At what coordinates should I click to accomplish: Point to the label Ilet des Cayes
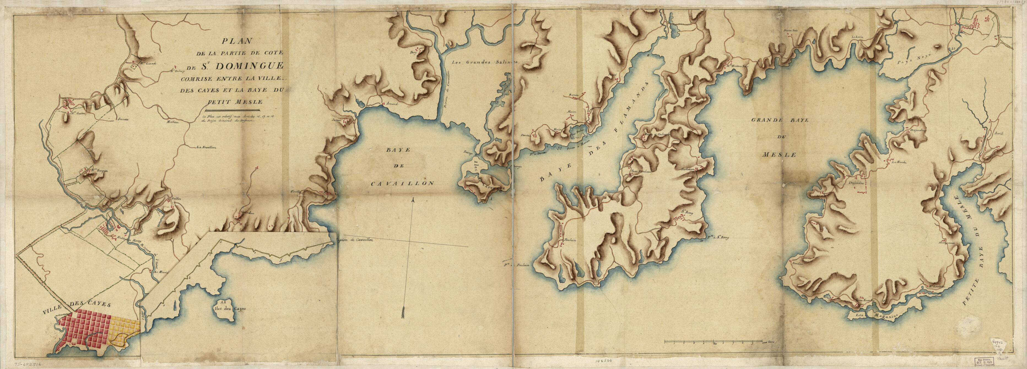coord(231,309)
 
